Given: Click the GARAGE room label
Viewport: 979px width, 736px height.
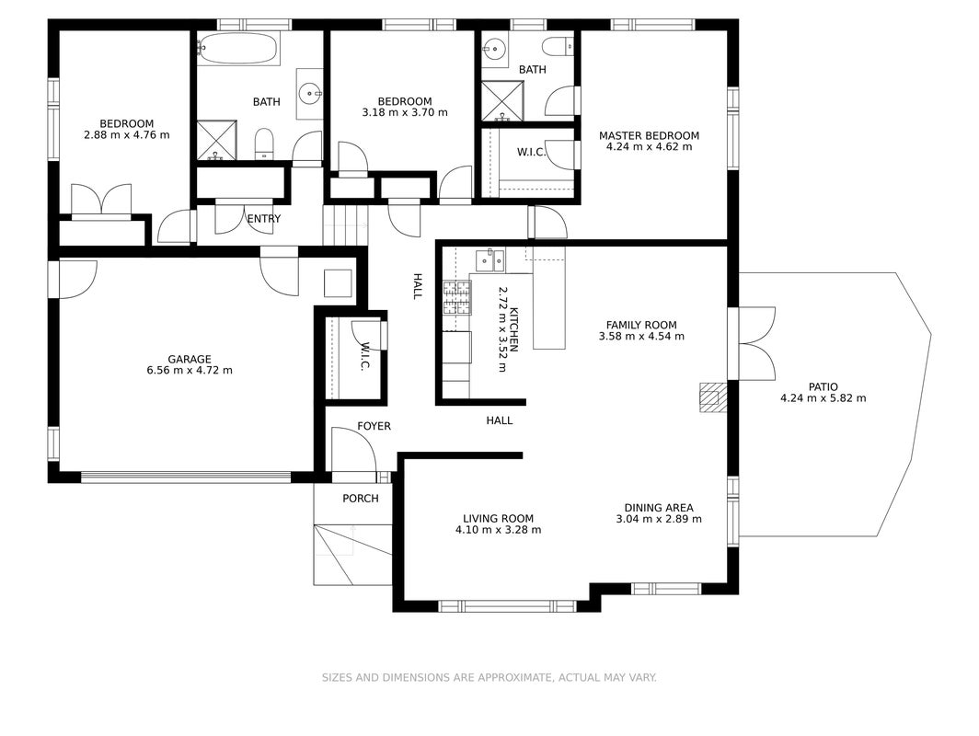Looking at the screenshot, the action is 190,359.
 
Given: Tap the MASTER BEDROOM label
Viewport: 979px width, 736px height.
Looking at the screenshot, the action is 649,135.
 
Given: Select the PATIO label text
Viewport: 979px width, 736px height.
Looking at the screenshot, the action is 823,387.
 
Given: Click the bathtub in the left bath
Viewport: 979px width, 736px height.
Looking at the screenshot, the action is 238,48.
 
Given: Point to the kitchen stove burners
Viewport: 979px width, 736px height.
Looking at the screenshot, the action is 457,297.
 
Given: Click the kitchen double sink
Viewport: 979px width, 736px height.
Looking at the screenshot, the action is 489,260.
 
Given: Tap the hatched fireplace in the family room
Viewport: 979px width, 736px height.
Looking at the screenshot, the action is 713,397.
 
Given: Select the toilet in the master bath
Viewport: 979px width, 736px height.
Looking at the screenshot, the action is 559,46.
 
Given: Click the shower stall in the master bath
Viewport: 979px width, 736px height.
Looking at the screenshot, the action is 502,100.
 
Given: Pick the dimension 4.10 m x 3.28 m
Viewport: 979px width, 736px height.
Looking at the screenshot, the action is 499,530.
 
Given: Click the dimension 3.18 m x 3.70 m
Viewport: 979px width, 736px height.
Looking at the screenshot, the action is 405,113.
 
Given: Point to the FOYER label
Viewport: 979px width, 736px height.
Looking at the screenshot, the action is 374,426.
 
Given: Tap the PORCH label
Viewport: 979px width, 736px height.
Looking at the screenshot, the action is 361,498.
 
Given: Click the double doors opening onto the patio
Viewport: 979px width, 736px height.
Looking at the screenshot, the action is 756,343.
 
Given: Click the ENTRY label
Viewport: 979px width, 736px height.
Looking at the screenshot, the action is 264,219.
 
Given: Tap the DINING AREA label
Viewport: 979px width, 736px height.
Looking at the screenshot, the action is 659,508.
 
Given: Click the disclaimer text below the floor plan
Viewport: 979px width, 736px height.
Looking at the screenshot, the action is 489,677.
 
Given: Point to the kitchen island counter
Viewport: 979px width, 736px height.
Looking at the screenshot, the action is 548,297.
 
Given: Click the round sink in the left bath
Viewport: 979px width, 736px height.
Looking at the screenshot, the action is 310,94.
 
